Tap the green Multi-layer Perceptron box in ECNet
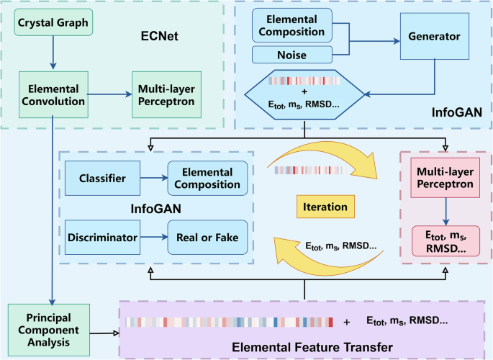tap(167, 94)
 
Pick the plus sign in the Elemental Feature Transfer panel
tap(348, 321)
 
